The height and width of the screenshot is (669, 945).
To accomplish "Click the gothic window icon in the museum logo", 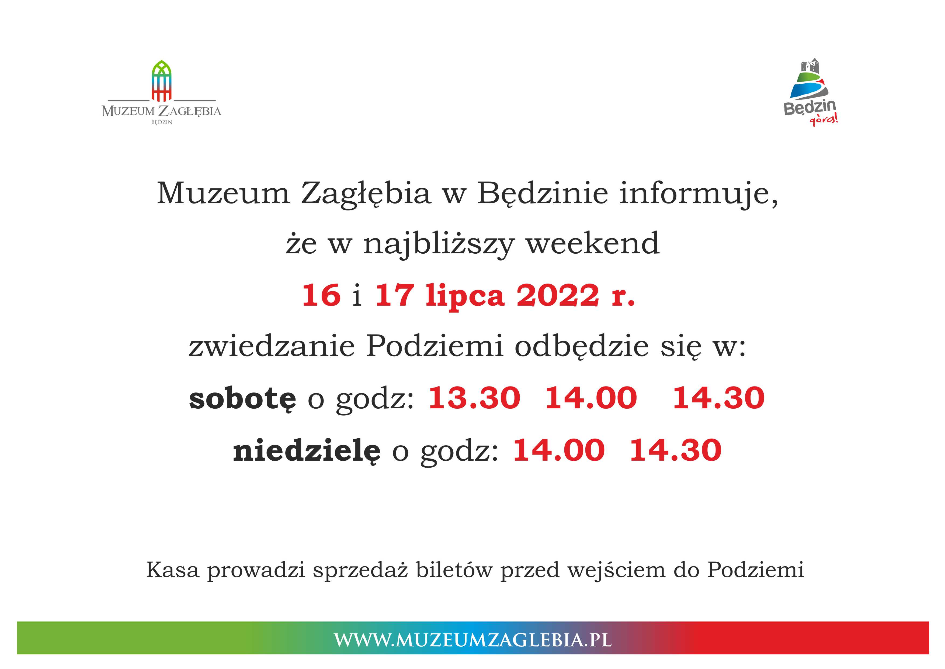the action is tap(162, 81).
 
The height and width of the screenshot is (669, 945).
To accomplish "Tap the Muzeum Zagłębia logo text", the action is tap(161, 111).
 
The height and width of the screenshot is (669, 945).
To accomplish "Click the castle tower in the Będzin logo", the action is tap(809, 67).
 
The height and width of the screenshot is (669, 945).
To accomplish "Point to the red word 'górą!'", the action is tap(824, 120).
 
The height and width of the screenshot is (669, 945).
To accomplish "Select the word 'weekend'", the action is tap(593, 243).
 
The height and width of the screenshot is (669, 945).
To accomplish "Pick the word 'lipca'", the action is tap(465, 296).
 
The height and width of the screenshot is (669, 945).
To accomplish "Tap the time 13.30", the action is tap(474, 398).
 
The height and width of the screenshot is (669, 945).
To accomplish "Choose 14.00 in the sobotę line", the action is tap(591, 398).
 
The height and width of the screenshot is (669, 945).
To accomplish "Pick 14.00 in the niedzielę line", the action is tap(558, 450).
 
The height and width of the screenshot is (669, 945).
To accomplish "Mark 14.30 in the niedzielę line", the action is tap(675, 450).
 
